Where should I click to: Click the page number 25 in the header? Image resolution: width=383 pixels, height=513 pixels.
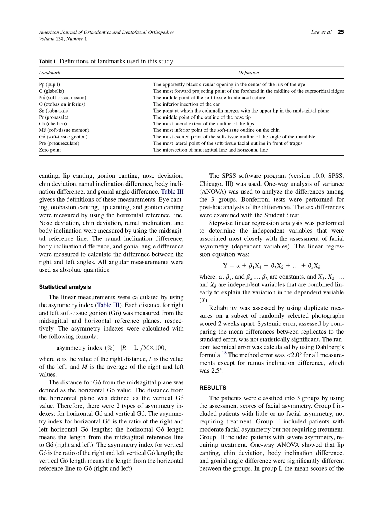[x=341, y=32]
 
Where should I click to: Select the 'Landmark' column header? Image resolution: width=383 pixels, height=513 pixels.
[x=50, y=73]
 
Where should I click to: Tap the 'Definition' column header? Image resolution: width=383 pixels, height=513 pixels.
[x=248, y=73]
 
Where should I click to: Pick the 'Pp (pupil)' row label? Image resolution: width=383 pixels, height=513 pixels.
[x=49, y=85]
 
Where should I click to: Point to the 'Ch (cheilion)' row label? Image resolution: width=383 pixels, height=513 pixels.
[x=53, y=124]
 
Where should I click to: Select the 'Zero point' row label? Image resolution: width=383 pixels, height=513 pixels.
[x=50, y=150]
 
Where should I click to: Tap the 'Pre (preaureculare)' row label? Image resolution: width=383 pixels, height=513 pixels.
[x=59, y=143]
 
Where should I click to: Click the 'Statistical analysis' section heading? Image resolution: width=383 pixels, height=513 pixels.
[x=65, y=287]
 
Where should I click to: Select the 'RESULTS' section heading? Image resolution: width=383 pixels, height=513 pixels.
[x=213, y=388]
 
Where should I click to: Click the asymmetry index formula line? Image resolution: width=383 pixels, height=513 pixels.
[x=111, y=348]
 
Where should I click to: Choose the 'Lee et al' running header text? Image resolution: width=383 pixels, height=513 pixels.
[x=321, y=32]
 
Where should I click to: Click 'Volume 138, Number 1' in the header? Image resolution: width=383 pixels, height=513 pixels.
[x=62, y=39]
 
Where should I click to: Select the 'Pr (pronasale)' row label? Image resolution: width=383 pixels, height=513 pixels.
[x=54, y=117]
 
